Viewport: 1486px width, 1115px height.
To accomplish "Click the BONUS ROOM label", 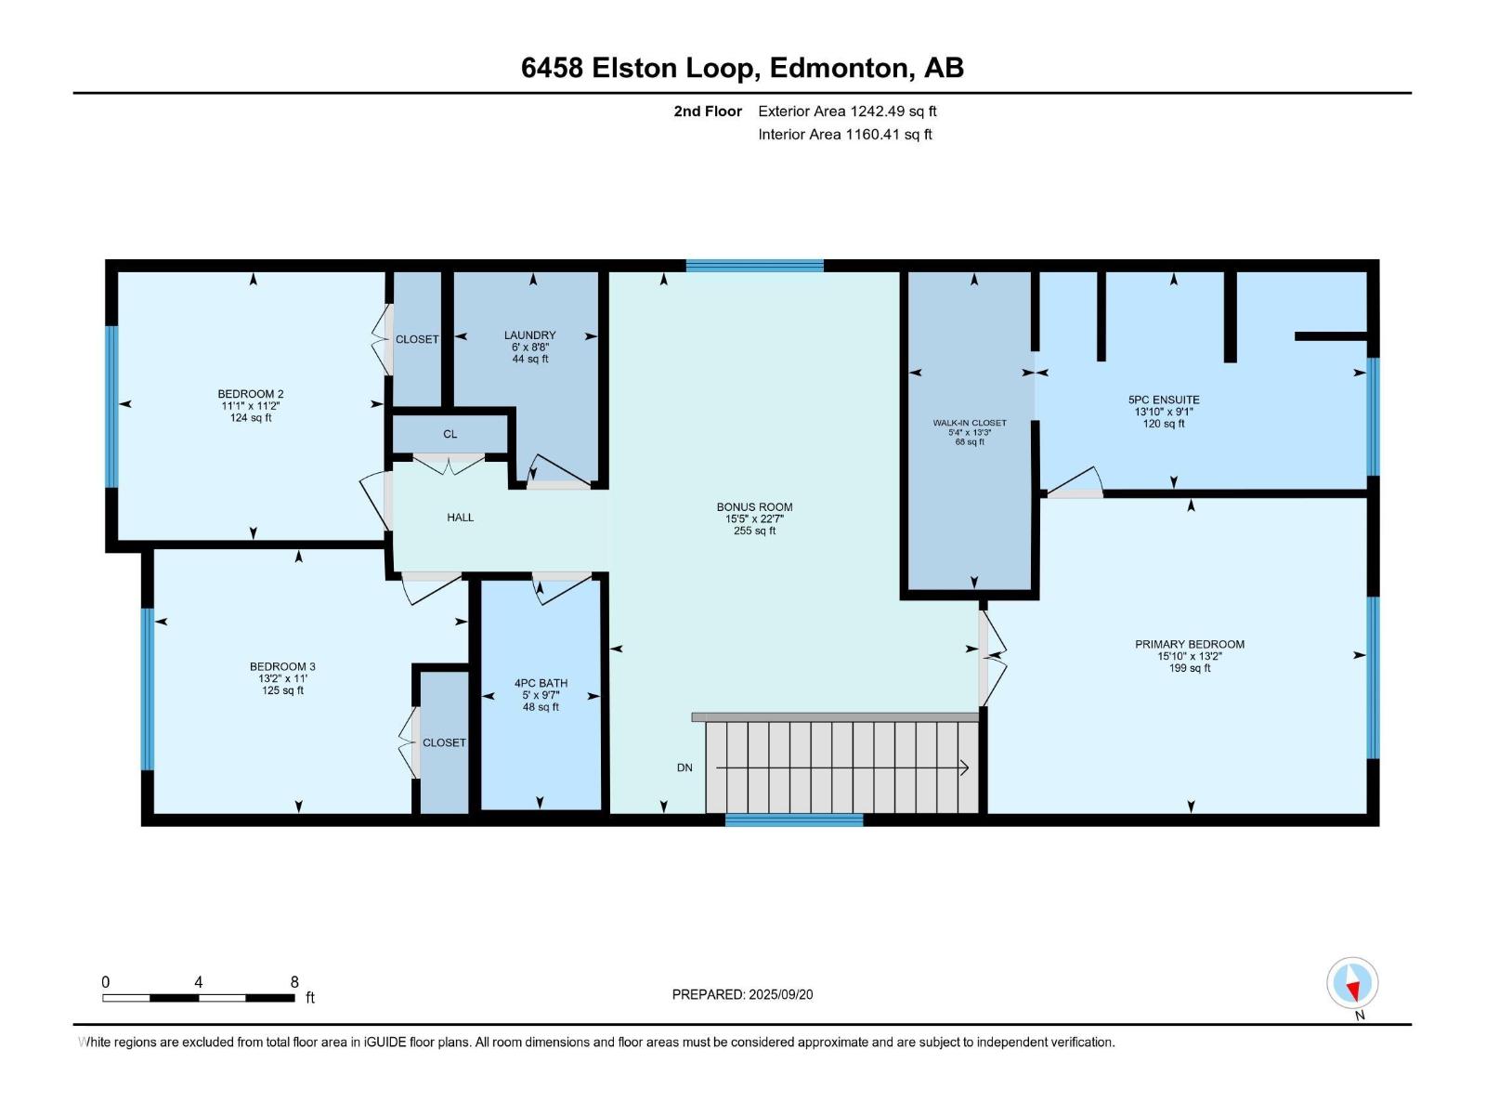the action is (754, 507).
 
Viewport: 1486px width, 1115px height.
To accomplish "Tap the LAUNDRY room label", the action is (529, 335).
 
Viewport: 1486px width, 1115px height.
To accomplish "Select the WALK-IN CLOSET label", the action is (970, 423).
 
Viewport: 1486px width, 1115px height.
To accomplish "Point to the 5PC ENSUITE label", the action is (1164, 400).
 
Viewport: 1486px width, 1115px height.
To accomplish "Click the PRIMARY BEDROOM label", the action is (1190, 645).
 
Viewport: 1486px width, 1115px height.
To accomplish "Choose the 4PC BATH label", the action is (541, 684).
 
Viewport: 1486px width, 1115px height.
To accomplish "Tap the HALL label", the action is (461, 518).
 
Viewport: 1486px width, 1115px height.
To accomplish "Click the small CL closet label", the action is (450, 435).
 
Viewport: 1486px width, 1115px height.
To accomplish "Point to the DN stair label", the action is (684, 767).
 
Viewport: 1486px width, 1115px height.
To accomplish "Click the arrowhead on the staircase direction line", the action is (965, 768).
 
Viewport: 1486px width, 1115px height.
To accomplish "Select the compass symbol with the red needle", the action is (1352, 982).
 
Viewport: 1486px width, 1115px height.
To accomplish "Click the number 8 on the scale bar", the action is (294, 981).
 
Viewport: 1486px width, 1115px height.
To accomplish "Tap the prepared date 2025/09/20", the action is (780, 994).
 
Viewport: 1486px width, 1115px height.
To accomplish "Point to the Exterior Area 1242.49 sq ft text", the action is (847, 111).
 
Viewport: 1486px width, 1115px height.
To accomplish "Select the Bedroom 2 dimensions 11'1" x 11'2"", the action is (251, 406).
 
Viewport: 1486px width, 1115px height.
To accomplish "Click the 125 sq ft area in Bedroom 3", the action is (282, 690).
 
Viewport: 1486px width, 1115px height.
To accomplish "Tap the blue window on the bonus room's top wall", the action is (755, 266).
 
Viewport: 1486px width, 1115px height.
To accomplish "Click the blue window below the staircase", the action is (794, 820).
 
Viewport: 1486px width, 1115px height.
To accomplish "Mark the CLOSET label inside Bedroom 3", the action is (444, 742).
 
